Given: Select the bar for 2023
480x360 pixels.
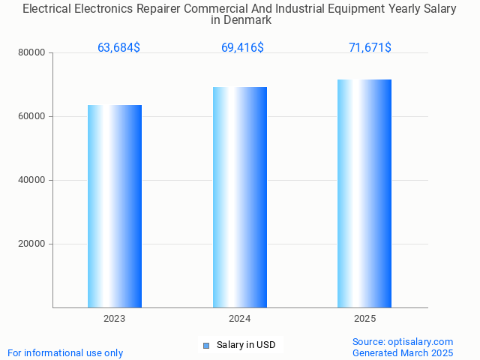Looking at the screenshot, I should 115,206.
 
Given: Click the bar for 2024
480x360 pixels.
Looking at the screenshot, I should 240,197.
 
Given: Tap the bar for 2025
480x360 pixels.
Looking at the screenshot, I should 364,193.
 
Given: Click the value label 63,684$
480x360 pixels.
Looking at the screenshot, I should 118,48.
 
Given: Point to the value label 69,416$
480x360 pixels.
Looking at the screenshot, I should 242,48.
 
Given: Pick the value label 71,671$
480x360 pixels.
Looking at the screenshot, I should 370,48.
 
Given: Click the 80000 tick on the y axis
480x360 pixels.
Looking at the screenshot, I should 31,53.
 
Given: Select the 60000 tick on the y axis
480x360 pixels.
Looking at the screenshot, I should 31,117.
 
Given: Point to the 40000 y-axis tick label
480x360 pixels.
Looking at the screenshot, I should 31,181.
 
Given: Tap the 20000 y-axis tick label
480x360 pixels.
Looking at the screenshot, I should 31,244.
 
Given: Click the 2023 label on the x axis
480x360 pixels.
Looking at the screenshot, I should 115,319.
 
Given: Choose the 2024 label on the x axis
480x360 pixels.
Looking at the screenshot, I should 240,319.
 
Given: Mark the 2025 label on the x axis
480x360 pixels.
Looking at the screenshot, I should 364,319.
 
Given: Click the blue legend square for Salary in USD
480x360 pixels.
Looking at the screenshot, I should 206,346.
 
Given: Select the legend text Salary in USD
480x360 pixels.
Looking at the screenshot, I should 246,345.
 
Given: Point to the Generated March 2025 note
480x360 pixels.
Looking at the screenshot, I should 403,352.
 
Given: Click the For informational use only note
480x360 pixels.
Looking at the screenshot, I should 65,352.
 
